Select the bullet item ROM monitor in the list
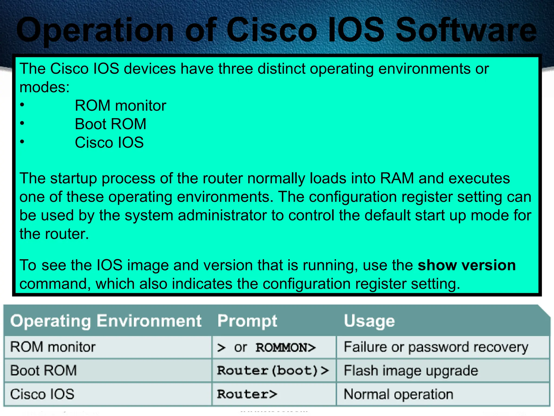tap(120, 105)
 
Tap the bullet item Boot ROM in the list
tap(110, 124)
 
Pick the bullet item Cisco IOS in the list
tap(109, 142)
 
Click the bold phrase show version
tap(467, 265)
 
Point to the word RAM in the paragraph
tap(397, 178)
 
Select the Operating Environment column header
tap(106, 321)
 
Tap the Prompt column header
tap(247, 321)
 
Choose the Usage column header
tap(369, 321)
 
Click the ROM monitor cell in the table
tap(53, 347)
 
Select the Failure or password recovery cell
tap(436, 347)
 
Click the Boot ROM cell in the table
tap(44, 370)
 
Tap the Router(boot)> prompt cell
tap(273, 370)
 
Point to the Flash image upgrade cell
tap(411, 370)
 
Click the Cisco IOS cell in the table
tap(42, 394)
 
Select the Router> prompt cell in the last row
tap(247, 394)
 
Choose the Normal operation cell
tap(398, 394)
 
